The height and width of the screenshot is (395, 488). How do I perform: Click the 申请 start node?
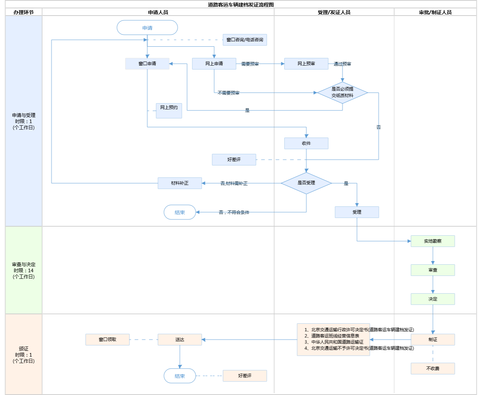tap(147, 28)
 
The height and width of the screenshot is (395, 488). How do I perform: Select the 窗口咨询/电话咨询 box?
tap(245, 40)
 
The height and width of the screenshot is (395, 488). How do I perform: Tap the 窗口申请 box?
tap(147, 64)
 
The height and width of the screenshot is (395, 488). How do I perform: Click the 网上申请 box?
tap(214, 64)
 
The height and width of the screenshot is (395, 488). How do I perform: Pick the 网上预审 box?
tap(306, 64)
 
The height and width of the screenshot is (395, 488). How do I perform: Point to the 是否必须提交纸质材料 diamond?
tap(342, 93)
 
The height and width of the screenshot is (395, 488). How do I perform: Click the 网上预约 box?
tap(169, 110)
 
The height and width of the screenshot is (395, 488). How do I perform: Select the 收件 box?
tap(306, 143)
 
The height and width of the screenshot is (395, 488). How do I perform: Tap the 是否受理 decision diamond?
tap(306, 183)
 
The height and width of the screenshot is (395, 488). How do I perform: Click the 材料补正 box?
tap(180, 183)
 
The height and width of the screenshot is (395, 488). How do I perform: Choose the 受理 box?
tap(357, 212)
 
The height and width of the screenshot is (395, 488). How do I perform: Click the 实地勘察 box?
tap(433, 241)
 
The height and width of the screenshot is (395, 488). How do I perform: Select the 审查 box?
tap(433, 270)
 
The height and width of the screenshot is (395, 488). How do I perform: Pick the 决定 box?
tap(433, 299)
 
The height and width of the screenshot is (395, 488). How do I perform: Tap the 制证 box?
tap(433, 340)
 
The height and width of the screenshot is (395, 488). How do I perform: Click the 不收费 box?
tap(433, 369)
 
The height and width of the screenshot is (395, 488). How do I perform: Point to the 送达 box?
tap(180, 340)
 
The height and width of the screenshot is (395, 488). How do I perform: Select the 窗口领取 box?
tap(107, 340)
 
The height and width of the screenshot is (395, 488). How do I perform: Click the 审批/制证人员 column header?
tap(435, 12)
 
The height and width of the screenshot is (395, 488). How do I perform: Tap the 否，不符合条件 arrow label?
tap(234, 213)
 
